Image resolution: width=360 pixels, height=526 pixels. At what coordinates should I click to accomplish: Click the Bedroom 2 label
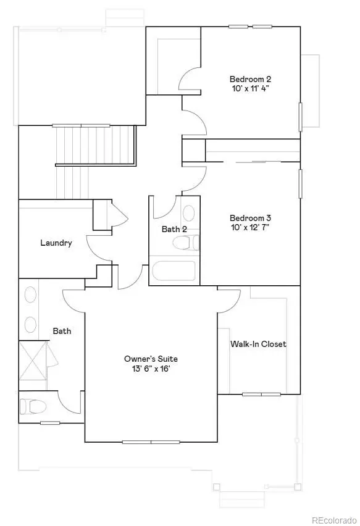(x=250, y=79)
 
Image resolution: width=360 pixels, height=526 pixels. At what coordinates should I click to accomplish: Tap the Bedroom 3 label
(x=250, y=218)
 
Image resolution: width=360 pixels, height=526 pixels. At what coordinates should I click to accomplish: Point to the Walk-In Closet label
(x=258, y=344)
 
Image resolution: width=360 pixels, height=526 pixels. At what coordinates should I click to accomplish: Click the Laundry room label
(x=56, y=243)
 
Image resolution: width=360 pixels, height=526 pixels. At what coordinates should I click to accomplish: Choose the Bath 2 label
(x=174, y=229)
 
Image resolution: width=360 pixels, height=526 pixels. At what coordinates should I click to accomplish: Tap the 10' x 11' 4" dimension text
(x=250, y=88)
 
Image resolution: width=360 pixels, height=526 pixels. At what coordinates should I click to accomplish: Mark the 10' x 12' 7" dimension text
(x=250, y=227)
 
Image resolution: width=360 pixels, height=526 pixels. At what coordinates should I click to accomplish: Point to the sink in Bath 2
(x=188, y=214)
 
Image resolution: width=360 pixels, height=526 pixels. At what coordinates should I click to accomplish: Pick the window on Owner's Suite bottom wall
(x=151, y=442)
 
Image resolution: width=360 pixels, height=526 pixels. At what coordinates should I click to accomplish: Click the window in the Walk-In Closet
(x=261, y=394)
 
